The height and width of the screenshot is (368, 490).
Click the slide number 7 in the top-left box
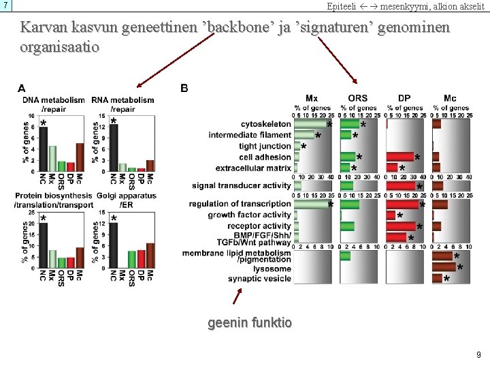click(x=5, y=5)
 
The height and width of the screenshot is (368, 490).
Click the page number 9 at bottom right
click(x=479, y=354)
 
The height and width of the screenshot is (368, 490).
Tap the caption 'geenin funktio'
click(x=250, y=322)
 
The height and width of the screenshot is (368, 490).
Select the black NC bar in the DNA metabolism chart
click(x=43, y=145)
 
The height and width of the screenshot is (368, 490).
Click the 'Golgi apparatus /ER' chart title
click(x=126, y=200)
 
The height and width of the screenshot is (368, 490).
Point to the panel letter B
click(x=184, y=88)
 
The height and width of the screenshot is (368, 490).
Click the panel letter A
click(x=22, y=88)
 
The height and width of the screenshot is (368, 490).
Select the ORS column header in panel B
click(x=357, y=98)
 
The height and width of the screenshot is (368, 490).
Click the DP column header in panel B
click(x=404, y=98)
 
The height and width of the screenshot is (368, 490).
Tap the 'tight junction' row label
click(x=265, y=147)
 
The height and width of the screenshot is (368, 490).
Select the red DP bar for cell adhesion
click(x=400, y=157)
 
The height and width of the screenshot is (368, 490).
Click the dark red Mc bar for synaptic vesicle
click(x=437, y=279)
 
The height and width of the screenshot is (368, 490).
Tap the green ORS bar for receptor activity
click(x=347, y=226)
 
